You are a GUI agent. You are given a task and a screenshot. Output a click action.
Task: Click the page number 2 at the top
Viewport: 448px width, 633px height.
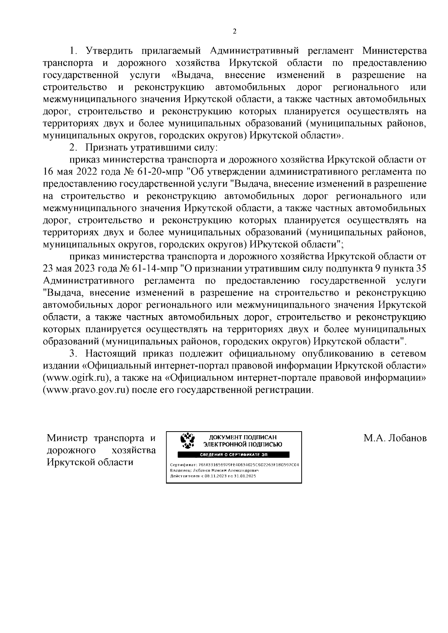click(x=234, y=32)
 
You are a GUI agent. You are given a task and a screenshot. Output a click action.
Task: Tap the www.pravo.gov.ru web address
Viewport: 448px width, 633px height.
click(x=86, y=390)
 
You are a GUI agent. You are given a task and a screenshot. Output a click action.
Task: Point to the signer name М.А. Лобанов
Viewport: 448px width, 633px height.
click(x=395, y=438)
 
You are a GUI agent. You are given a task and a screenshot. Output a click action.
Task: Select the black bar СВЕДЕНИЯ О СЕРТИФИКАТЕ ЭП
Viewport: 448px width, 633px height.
click(x=234, y=455)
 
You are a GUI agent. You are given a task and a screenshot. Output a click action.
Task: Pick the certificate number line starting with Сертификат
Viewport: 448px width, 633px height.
click(x=234, y=465)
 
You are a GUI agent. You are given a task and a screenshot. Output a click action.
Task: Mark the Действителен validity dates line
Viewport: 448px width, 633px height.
click(x=213, y=476)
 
